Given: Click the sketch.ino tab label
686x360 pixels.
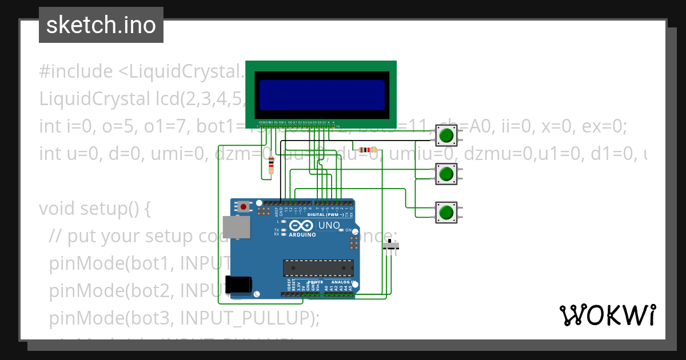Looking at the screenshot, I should coord(101,25).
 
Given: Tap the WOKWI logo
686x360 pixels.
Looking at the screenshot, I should coord(607,315).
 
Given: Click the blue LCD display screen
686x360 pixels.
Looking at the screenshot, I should coord(322,95).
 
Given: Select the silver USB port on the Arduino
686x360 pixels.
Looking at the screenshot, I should coord(236,227).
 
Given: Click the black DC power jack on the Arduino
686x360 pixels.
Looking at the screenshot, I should coord(239,285).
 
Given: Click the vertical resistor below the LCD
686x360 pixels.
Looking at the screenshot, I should coord(271,165).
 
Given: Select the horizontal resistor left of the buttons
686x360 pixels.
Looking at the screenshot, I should coord(366,150).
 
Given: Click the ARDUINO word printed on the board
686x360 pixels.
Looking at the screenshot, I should coord(302,234).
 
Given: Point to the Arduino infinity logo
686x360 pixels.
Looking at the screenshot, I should coord(302,226).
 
